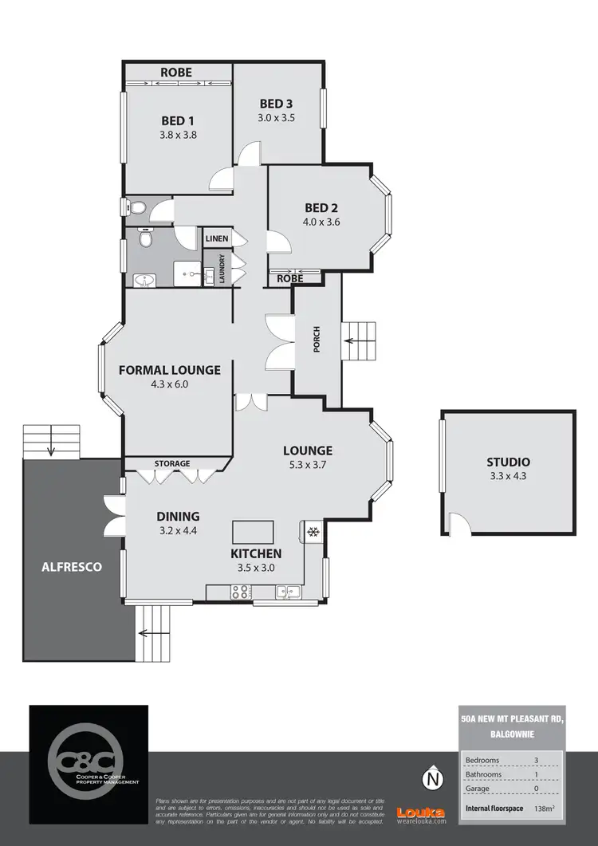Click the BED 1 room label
tap(179, 120)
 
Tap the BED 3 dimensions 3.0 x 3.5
tap(277, 117)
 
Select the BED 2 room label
tap(321, 208)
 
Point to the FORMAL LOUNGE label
tap(169, 370)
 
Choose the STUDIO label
tap(508, 462)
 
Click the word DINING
tap(178, 516)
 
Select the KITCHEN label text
tap(256, 553)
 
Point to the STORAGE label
tap(172, 463)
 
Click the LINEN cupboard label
tap(217, 238)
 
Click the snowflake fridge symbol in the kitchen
tap(313, 531)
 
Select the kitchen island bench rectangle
tap(253, 531)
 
